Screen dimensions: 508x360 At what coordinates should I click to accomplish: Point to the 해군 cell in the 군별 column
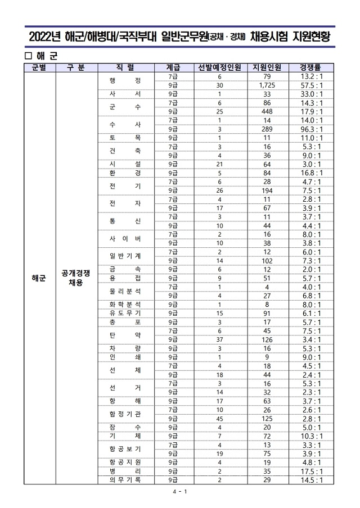point(39,278)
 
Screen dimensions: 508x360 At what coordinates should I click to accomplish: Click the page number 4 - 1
point(180,492)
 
